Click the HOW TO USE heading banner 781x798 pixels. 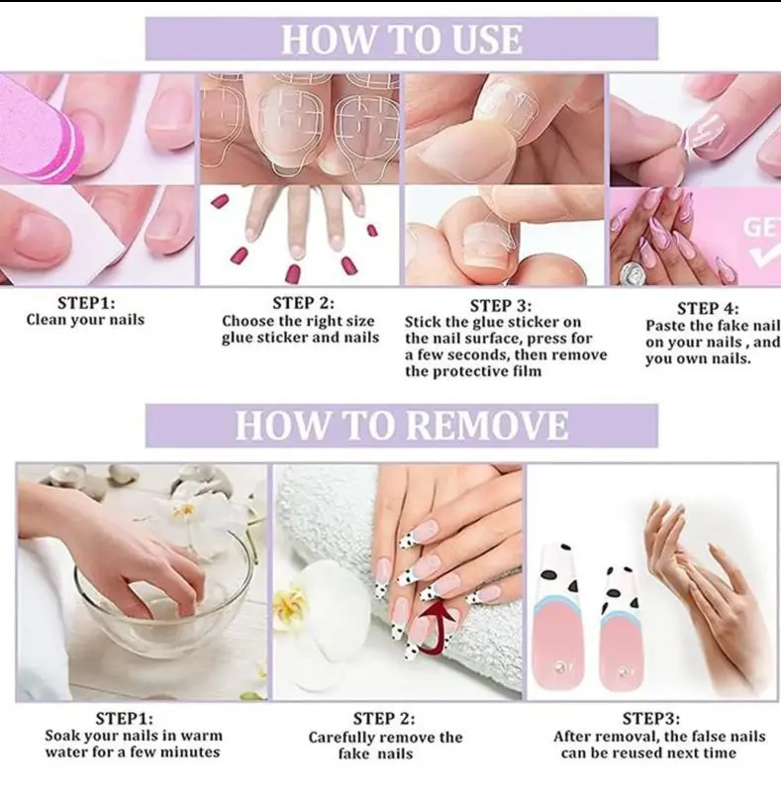point(402,39)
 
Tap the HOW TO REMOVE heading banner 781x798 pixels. point(402,426)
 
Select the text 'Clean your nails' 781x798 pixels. point(85,320)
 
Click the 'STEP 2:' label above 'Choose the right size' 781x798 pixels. point(304,303)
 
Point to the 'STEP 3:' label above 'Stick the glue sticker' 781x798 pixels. point(501,305)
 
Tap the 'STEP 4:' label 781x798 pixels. point(708,309)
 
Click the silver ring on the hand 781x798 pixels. point(633,274)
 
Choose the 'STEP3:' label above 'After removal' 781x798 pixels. point(650,719)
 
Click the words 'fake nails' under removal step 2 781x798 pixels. point(375,753)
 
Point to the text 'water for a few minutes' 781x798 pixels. point(133,751)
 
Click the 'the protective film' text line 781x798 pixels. point(473,371)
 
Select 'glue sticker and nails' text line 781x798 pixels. point(300,338)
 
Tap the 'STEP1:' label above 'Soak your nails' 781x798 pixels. point(124,719)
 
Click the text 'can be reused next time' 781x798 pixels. point(648,752)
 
